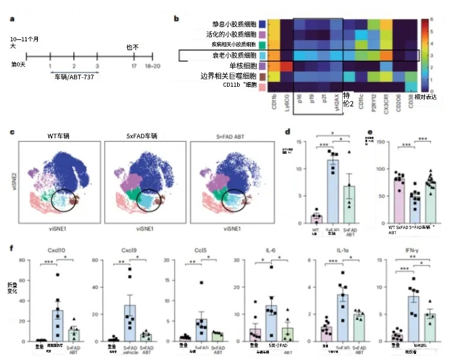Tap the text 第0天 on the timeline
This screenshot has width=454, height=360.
click(x=18, y=64)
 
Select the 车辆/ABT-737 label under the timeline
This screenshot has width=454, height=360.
click(x=75, y=79)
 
